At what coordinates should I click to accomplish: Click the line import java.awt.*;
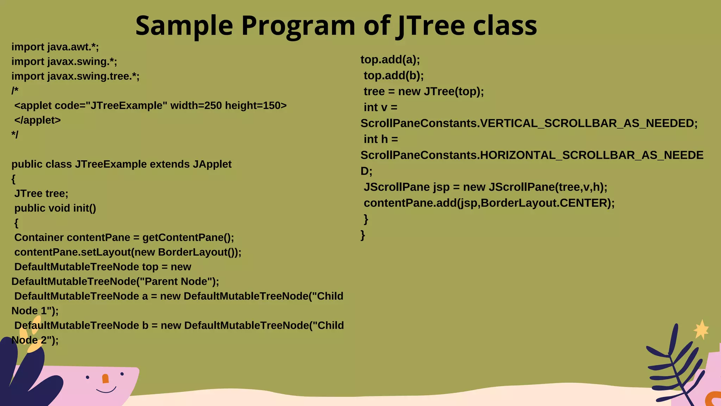pos(55,47)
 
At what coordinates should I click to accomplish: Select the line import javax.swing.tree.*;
pos(75,76)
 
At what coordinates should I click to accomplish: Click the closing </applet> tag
pos(37,120)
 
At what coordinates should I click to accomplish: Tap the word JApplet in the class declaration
pos(212,164)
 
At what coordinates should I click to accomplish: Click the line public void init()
pos(55,208)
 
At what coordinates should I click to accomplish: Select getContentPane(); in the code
pos(188,238)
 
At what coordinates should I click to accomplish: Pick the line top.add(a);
pos(390,60)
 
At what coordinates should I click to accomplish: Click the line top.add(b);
pos(394,75)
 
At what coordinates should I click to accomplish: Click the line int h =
pos(381,139)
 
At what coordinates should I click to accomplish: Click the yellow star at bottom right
pos(701,330)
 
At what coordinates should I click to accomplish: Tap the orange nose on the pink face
pos(105,379)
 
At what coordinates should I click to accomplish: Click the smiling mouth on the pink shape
pos(106,390)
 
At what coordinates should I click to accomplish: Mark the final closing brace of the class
pos(363,235)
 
